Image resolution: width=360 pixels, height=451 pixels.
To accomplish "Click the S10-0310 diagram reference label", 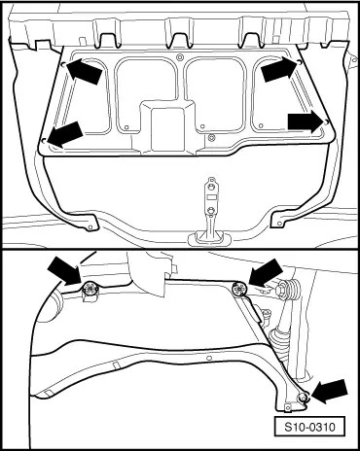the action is point(309,427).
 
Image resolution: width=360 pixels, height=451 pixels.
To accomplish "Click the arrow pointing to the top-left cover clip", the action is point(84,71).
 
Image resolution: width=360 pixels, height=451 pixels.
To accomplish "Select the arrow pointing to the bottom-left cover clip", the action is point(65,133).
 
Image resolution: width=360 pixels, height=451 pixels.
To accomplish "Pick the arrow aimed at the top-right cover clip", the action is point(279,69).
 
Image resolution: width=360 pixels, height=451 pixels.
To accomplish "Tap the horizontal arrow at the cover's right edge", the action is point(306,121).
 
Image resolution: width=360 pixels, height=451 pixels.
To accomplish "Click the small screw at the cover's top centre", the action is point(179,57).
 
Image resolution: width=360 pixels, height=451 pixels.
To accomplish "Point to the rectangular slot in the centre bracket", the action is point(211,197).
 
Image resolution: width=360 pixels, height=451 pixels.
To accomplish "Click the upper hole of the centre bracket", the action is point(211,187).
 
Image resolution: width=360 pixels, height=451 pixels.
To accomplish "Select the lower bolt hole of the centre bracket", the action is point(211,211).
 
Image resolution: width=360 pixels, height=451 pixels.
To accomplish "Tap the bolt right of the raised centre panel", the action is point(211,137).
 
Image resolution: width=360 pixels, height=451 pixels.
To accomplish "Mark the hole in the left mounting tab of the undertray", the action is point(90,226).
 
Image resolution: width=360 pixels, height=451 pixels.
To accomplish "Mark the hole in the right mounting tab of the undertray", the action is point(279,223).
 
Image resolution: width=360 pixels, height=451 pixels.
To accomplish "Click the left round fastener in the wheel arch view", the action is point(90,288).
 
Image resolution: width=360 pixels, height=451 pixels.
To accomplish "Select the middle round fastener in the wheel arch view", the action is point(239,288).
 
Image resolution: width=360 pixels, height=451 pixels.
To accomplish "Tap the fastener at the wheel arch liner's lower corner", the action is point(304,397).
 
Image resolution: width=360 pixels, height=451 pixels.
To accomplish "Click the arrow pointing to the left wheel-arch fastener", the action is point(64,271).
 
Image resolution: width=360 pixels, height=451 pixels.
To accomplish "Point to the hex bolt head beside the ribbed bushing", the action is point(281,289).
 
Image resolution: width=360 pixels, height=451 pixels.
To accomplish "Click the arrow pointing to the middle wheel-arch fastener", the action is point(266,272).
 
